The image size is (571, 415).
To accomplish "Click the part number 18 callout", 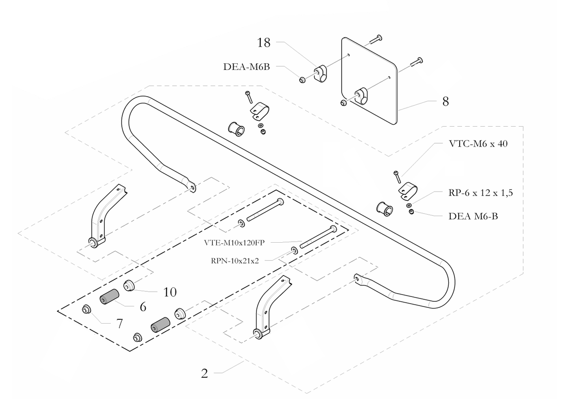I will click(x=264, y=43).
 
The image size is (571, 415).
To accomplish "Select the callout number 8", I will click(x=445, y=101).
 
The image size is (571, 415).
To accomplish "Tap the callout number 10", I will click(x=170, y=292).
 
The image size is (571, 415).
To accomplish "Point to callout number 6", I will click(x=142, y=307).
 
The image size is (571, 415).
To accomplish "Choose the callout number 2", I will click(x=204, y=374).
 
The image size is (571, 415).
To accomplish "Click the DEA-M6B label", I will click(x=246, y=67).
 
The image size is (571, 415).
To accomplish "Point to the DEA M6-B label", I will click(x=473, y=216).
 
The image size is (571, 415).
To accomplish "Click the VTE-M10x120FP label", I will click(x=234, y=242).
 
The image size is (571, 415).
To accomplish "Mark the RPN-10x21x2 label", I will click(x=235, y=260).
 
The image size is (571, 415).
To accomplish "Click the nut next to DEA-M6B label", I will click(x=302, y=79).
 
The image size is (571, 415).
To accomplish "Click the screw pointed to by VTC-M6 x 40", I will click(x=396, y=177).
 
